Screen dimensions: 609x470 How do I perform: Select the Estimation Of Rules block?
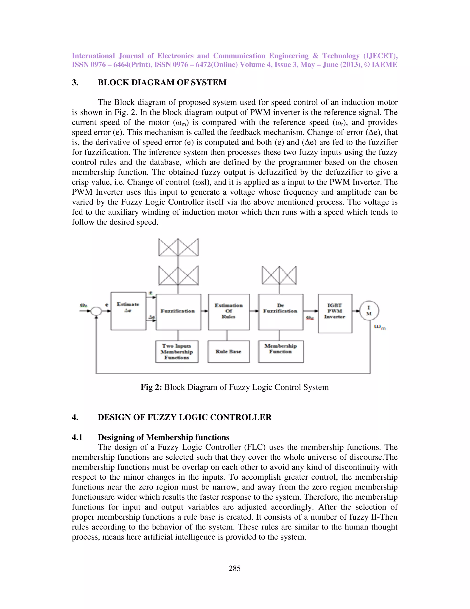(229, 312)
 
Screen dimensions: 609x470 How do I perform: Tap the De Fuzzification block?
(281, 312)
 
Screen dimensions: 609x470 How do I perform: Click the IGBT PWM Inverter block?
(335, 313)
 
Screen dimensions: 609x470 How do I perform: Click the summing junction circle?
(96, 311)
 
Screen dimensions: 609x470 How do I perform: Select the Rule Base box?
(229, 352)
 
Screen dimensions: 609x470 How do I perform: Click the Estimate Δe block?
(128, 311)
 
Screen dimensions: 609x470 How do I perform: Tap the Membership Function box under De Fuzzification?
(281, 351)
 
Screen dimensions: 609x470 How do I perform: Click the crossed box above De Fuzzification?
(279, 275)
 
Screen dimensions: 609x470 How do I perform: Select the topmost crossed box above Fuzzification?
(178, 247)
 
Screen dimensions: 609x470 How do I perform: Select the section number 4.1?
(77, 437)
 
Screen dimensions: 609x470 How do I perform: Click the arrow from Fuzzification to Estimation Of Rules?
(205, 311)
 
